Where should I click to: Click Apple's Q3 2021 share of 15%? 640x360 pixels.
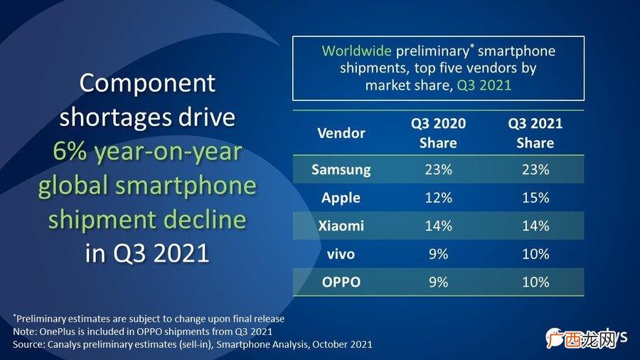click(535, 198)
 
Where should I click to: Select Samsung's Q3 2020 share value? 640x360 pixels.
click(438, 169)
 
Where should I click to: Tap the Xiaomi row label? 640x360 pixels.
click(341, 226)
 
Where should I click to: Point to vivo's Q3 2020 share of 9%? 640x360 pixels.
click(438, 254)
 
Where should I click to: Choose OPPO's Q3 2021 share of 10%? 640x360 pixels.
click(535, 282)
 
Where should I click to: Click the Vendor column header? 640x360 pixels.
click(341, 133)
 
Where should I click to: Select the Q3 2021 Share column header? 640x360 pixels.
click(535, 133)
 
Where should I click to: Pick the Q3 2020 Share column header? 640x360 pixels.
click(438, 133)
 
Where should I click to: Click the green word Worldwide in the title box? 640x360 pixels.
click(356, 51)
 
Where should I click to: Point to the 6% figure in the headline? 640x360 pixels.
click(70, 152)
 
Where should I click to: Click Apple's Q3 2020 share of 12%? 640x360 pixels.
click(438, 198)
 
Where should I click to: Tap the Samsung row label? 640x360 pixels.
click(341, 169)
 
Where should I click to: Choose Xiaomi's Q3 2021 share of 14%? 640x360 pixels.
click(535, 226)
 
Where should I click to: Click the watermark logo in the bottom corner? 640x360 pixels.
click(586, 338)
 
